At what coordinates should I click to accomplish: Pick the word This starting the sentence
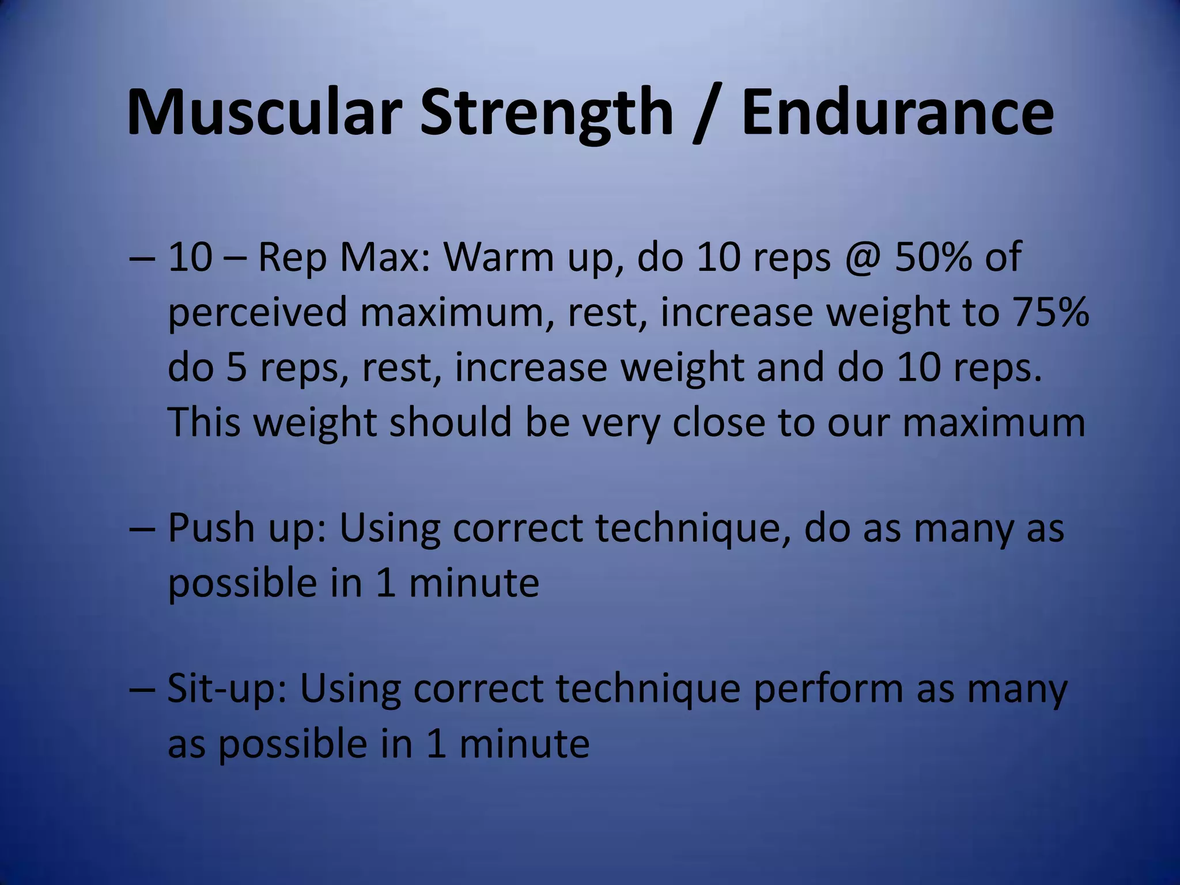point(204,422)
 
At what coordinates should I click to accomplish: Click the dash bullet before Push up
point(141,529)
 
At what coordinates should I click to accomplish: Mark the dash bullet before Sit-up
point(141,690)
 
